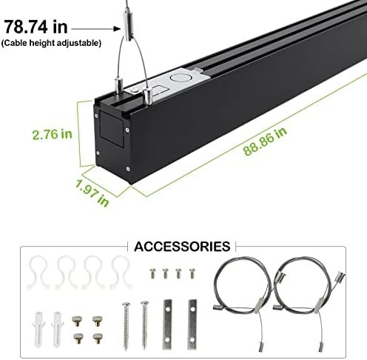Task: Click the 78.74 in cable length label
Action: click(x=36, y=27)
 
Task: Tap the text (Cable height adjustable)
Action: click(x=51, y=43)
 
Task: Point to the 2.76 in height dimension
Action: click(x=53, y=134)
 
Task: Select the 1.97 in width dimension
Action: click(x=92, y=193)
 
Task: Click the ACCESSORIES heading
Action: click(x=182, y=247)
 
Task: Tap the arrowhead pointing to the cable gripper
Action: click(x=117, y=29)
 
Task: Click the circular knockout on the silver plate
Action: click(x=180, y=78)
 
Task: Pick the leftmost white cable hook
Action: click(x=38, y=273)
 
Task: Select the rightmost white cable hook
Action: click(x=121, y=273)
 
